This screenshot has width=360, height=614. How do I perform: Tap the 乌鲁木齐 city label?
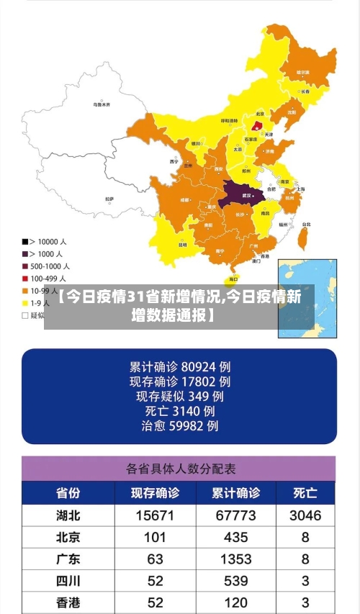click(x=102, y=104)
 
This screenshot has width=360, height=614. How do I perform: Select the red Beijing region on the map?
click(x=257, y=125)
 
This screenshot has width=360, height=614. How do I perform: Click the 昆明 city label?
click(x=182, y=244)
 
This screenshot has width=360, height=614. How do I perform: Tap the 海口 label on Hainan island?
click(x=233, y=279)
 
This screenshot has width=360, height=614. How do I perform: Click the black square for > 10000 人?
click(x=25, y=241)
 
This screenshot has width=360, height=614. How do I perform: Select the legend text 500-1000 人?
click(x=50, y=266)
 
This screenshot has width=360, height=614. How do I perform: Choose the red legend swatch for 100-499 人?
click(x=25, y=278)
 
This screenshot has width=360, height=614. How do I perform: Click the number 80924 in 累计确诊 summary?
click(x=199, y=365)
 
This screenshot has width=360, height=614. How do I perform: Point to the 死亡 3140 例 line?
click(x=180, y=410)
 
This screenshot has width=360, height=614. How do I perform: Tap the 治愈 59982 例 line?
click(x=180, y=426)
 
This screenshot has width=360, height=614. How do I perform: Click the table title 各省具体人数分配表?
click(x=180, y=469)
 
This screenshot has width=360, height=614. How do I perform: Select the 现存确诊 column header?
click(x=154, y=493)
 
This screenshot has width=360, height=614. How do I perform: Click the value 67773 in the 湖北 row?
click(x=235, y=515)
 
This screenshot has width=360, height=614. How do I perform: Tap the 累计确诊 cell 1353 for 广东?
click(x=235, y=559)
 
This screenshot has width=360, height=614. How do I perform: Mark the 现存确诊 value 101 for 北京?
click(x=154, y=537)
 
